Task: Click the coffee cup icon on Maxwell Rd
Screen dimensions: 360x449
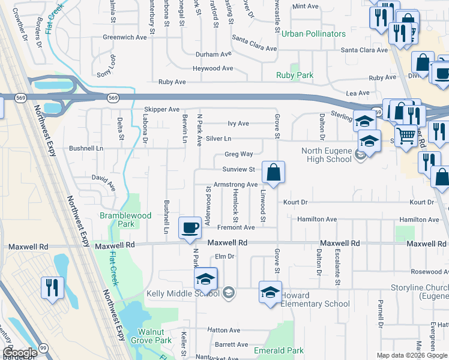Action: (x=190, y=227)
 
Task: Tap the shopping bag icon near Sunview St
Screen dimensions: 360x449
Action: (x=273, y=173)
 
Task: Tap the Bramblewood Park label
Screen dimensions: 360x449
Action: (x=125, y=219)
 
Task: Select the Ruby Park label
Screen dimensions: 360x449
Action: (x=295, y=76)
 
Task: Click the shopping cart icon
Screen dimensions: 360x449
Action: (x=406, y=137)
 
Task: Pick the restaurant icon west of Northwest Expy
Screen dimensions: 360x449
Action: (x=52, y=287)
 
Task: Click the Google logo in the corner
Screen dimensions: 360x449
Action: (x=19, y=353)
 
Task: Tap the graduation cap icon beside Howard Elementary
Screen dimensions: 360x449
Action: (x=270, y=292)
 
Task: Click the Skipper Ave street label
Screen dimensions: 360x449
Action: (x=161, y=110)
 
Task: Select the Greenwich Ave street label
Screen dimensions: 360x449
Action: (x=124, y=37)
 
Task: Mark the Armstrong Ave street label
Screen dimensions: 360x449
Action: (x=235, y=185)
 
